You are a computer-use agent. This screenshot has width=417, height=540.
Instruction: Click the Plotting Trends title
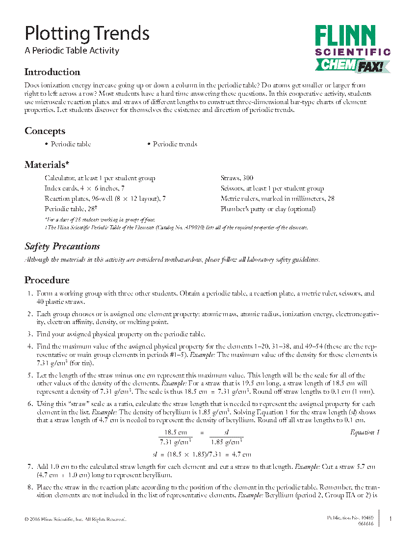pyautogui.click(x=87, y=33)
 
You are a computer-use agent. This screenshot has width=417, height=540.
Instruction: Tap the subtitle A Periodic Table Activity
pyautogui.click(x=72, y=51)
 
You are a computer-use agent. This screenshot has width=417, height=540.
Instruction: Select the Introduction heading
pyautogui.click(x=52, y=72)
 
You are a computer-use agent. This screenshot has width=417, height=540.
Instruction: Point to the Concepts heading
pyautogui.click(x=45, y=131)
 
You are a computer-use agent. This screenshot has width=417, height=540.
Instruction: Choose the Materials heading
pyautogui.click(x=47, y=165)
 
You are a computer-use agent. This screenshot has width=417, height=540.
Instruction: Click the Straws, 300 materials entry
pyautogui.click(x=236, y=178)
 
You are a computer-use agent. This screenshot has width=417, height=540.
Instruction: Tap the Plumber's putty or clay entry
pyautogui.click(x=268, y=209)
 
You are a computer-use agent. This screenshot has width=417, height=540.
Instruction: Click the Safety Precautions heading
pyautogui.click(x=62, y=246)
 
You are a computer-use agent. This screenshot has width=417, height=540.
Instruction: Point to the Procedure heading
pyautogui.click(x=47, y=280)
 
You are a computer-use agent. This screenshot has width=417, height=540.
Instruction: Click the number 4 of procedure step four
pyautogui.click(x=30, y=346)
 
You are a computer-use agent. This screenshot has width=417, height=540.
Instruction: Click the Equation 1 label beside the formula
pyautogui.click(x=365, y=432)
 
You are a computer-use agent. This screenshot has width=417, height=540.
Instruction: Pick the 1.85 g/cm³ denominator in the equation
pyautogui.click(x=226, y=441)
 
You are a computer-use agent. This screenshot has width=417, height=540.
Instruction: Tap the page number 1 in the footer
pyautogui.click(x=390, y=519)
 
